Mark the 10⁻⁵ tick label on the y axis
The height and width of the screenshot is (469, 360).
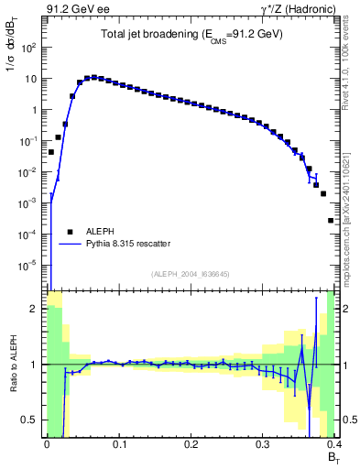tap(28, 266)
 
